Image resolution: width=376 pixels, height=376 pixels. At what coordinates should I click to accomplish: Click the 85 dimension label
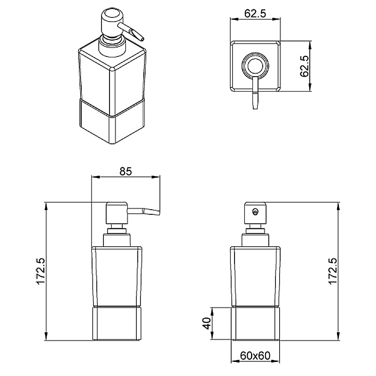pyautogui.click(x=126, y=171)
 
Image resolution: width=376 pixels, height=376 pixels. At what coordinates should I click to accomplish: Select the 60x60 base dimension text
pyautogui.click(x=255, y=355)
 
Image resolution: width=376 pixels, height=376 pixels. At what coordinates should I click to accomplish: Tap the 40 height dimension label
pyautogui.click(x=206, y=323)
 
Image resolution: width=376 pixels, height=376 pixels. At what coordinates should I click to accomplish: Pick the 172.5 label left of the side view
pyautogui.click(x=40, y=271)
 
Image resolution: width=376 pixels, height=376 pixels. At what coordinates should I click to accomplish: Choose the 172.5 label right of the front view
pyautogui.click(x=333, y=271)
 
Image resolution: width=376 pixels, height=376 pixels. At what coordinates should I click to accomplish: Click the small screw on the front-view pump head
pyautogui.click(x=256, y=211)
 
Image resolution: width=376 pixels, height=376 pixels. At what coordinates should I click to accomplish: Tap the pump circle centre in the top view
pyautogui.click(x=255, y=65)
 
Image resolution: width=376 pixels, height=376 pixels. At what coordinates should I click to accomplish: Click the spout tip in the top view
pyautogui.click(x=255, y=109)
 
